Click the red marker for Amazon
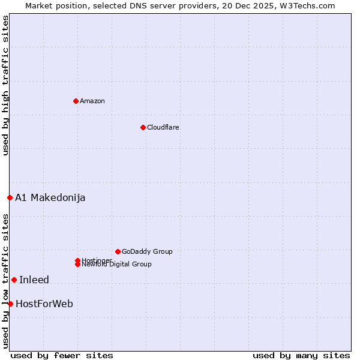pos(76,101)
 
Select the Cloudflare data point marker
pos(143,127)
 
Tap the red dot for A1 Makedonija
pos(10,197)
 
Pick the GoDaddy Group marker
pos(118,251)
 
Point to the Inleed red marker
pos(14,280)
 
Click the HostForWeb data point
pos(10,304)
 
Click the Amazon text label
pos(92,101)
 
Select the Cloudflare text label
pos(163,127)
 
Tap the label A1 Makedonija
pos(50,197)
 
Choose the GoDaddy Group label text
pos(147,251)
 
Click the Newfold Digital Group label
pos(116,265)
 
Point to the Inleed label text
pos(34,280)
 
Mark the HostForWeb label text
pos(44,304)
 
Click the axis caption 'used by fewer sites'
pos(62,356)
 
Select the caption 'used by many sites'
pos(301,356)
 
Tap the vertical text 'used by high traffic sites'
pos(5,85)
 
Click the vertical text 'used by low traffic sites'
pos(5,281)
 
